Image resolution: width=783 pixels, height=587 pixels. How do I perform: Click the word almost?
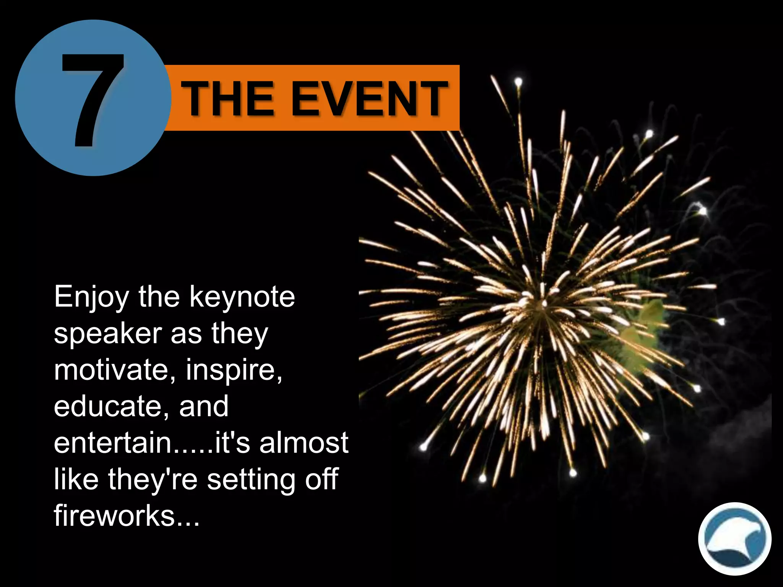(x=304, y=443)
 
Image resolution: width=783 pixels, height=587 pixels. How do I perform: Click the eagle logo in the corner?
(x=734, y=538)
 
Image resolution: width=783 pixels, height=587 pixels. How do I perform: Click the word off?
(x=322, y=479)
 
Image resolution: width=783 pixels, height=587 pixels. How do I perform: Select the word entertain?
(x=112, y=443)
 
